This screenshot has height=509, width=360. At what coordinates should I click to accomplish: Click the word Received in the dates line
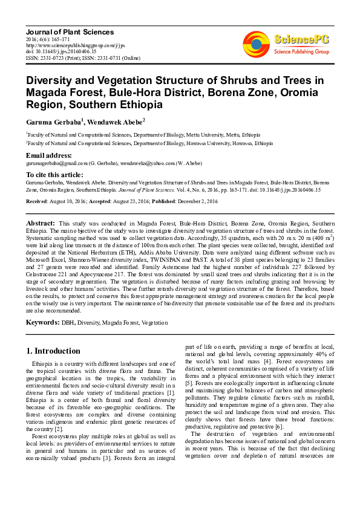click(38, 200)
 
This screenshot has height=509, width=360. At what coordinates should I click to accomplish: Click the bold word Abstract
click(42, 223)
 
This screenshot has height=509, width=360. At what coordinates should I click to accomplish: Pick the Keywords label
click(42, 322)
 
